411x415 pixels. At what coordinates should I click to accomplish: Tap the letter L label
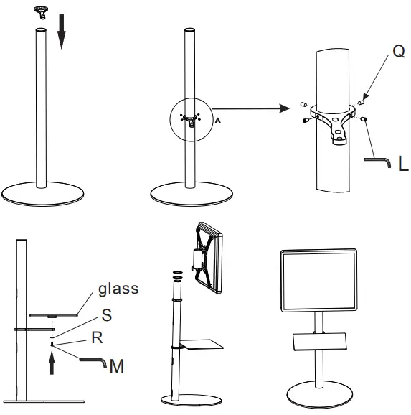coord(402,165)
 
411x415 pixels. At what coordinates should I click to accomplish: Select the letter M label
coord(117,368)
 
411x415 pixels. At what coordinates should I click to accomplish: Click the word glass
coord(118,289)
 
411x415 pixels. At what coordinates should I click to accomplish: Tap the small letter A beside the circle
coord(217,121)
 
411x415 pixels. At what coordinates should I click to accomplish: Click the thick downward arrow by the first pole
coord(61,34)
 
